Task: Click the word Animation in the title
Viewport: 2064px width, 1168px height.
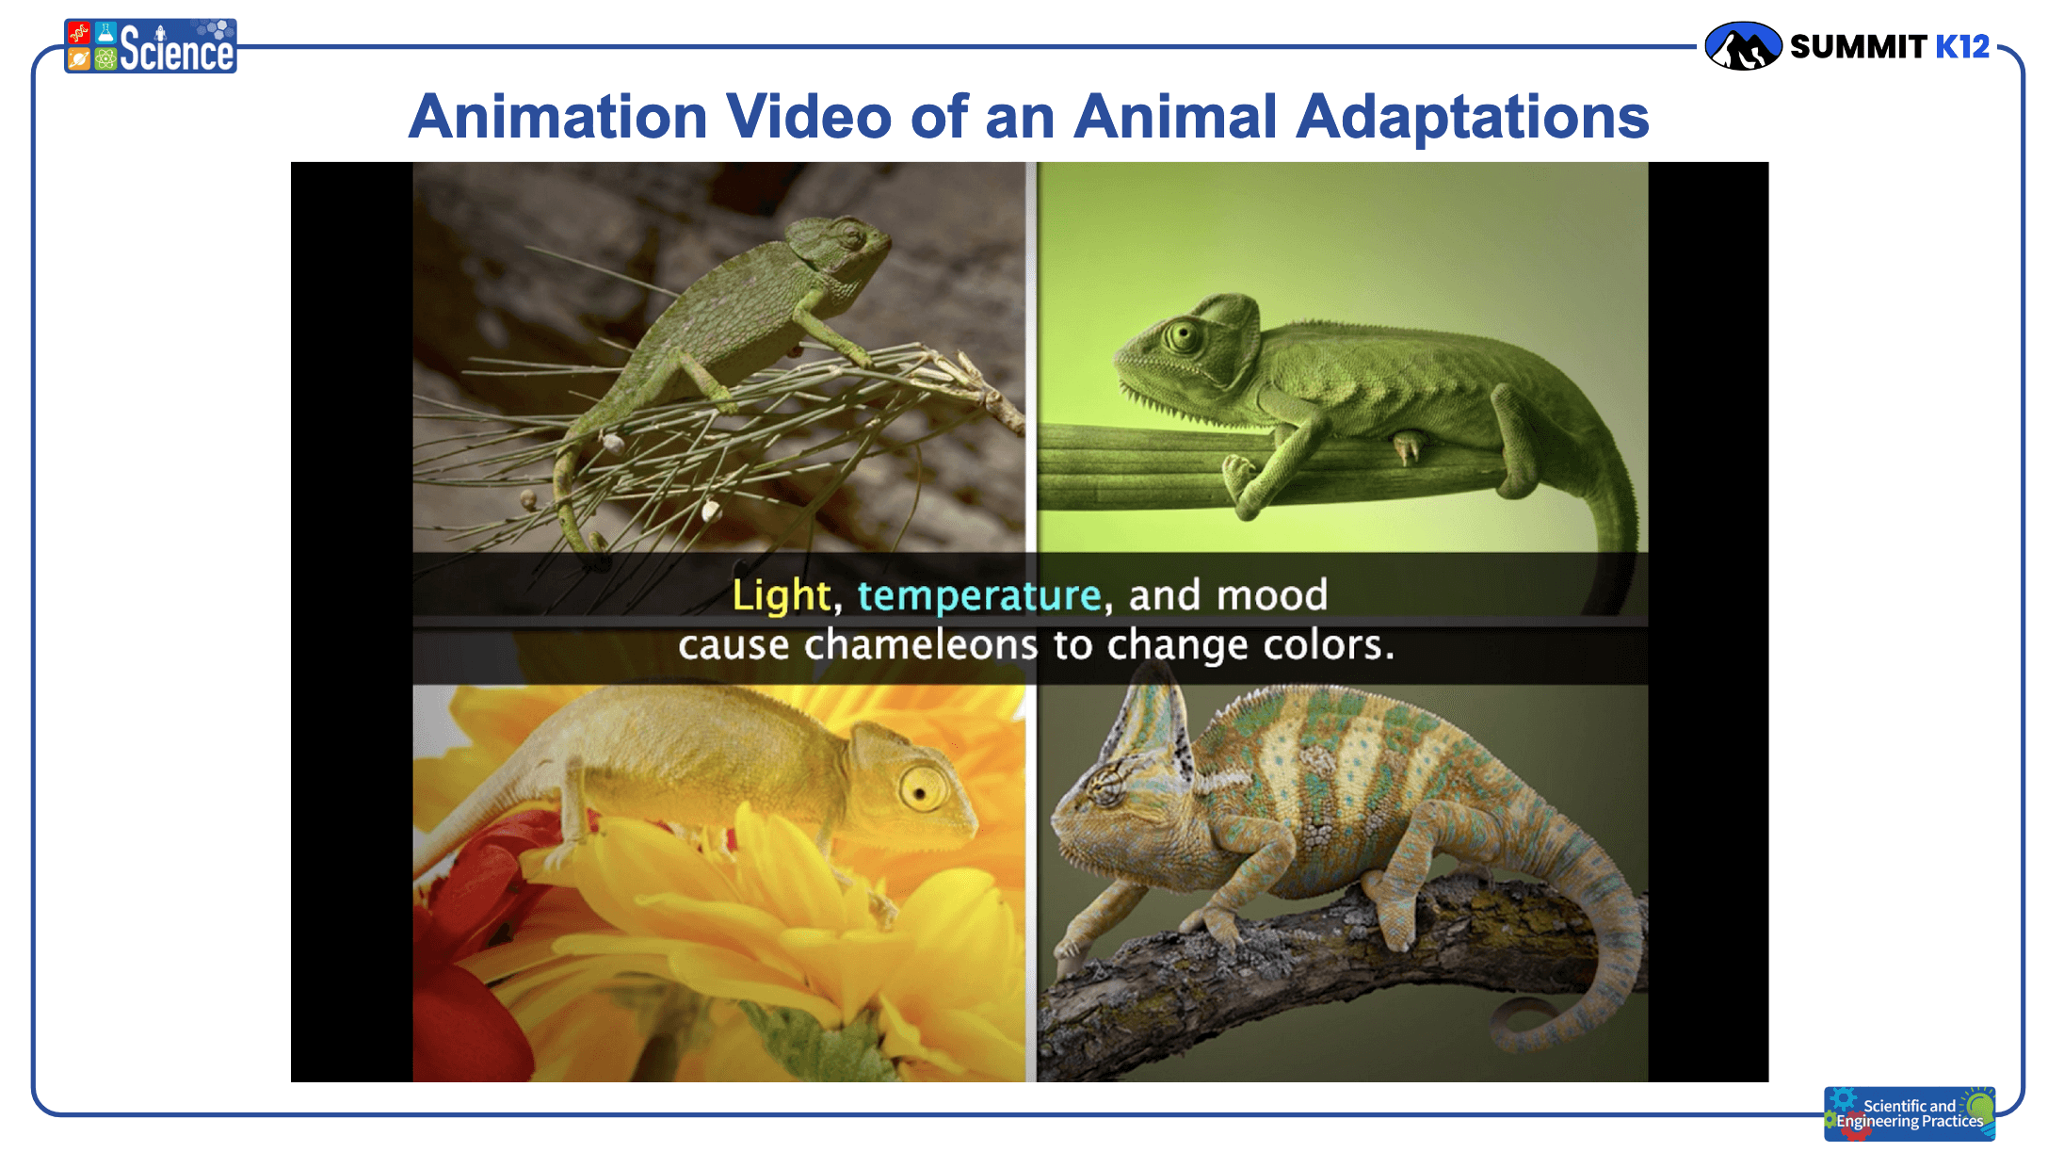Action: tap(557, 117)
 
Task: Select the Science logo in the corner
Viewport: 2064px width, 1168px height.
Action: tap(151, 46)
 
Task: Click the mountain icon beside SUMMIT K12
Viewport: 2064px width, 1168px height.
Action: tap(1743, 46)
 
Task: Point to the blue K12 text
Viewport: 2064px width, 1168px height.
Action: tap(1962, 46)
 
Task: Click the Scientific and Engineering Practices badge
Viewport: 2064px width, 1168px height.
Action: tap(1910, 1113)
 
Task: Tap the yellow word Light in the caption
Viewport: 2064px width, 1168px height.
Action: tap(782, 596)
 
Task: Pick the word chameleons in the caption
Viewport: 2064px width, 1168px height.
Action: tap(921, 645)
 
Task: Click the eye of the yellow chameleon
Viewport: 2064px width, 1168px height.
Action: tap(922, 787)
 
